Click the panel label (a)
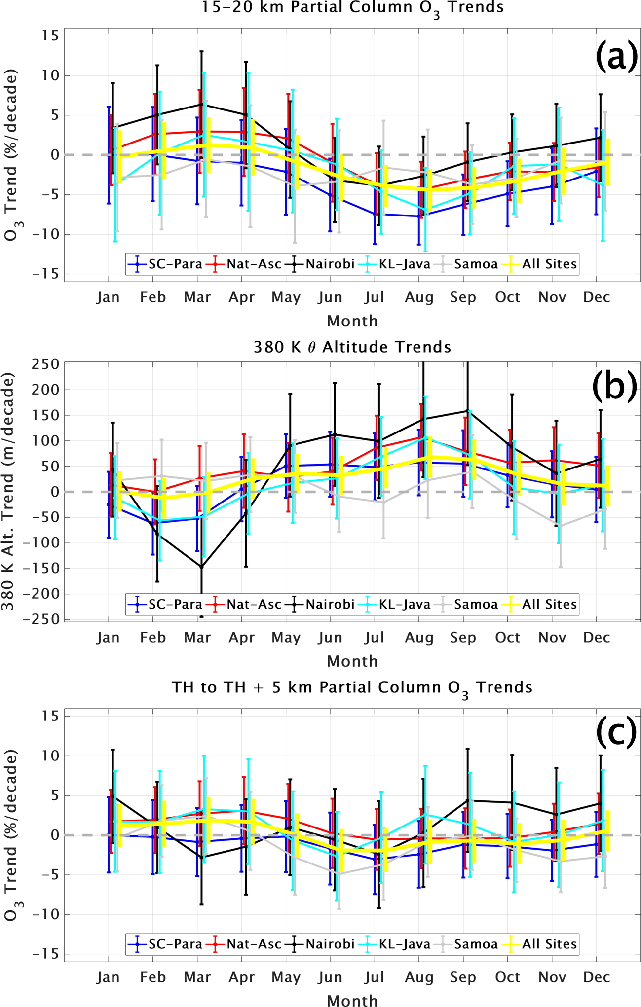click(616, 56)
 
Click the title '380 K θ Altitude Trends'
click(352, 347)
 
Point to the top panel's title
click(352, 8)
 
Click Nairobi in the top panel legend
click(330, 264)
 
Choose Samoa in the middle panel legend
click(476, 605)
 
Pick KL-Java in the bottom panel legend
click(404, 944)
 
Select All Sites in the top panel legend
click(549, 264)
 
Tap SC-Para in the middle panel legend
click(175, 605)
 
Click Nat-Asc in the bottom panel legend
click(254, 944)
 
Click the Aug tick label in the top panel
click(419, 297)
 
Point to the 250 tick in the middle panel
click(45, 364)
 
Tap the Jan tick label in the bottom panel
click(108, 977)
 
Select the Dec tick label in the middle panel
click(596, 638)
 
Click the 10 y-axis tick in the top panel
click(49, 76)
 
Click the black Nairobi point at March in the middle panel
click(201, 567)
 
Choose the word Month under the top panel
click(352, 321)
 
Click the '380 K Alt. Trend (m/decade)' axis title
click(8, 491)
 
